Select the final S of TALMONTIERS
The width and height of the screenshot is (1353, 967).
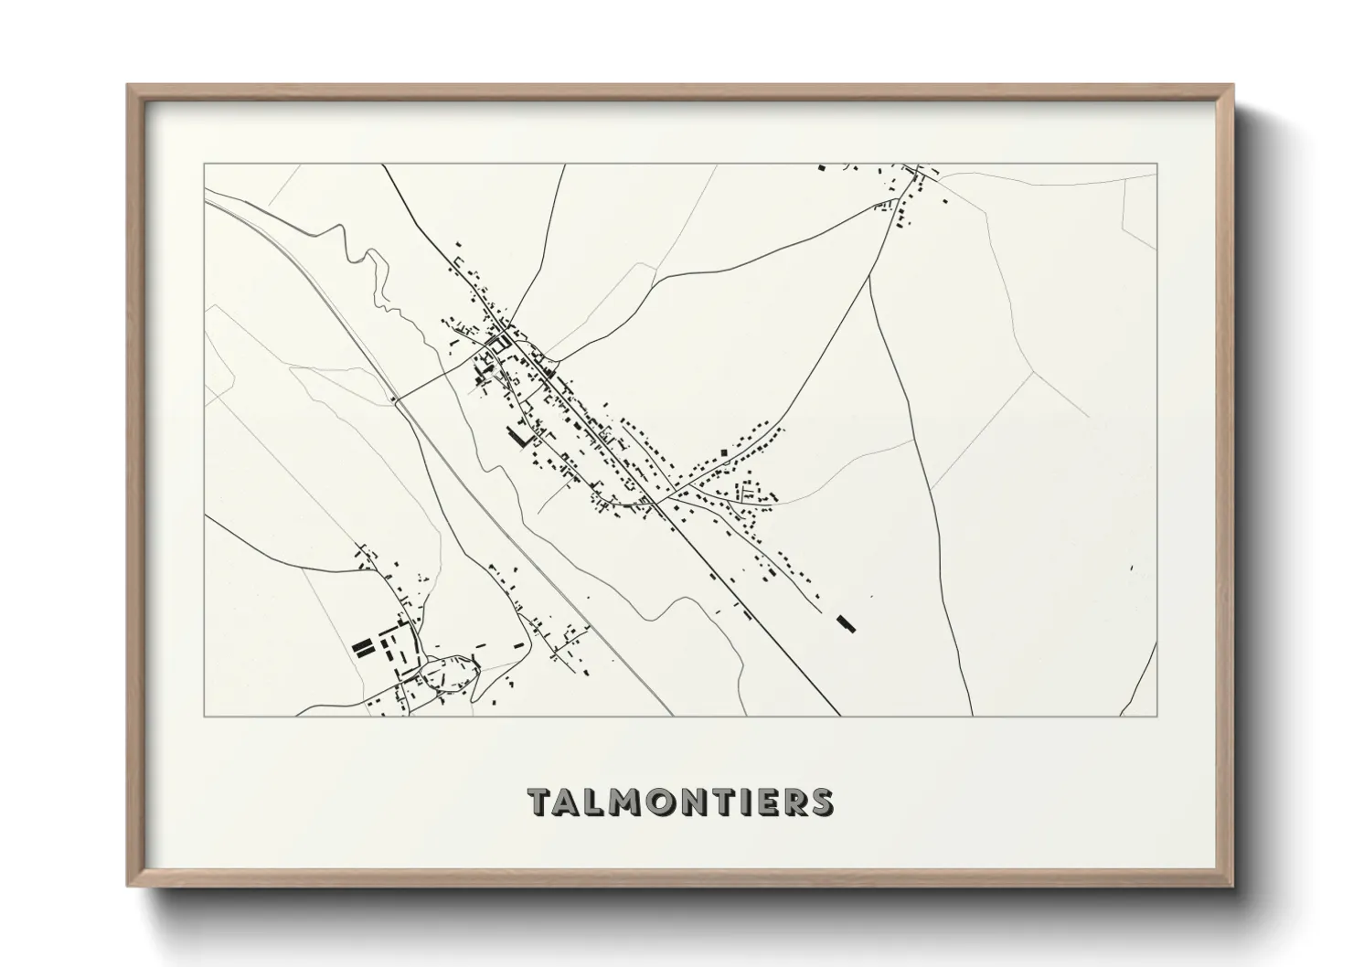pyautogui.click(x=820, y=802)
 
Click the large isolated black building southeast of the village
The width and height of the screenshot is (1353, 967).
pyautogui.click(x=846, y=623)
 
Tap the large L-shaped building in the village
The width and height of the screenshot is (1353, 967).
pyautogui.click(x=518, y=438)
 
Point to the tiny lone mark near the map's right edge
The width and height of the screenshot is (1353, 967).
pyautogui.click(x=1131, y=569)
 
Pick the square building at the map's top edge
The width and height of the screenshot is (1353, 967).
pyautogui.click(x=820, y=168)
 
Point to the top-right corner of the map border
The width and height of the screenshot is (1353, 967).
pyautogui.click(x=1157, y=164)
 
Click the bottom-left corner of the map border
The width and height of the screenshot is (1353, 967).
pyautogui.click(x=204, y=716)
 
